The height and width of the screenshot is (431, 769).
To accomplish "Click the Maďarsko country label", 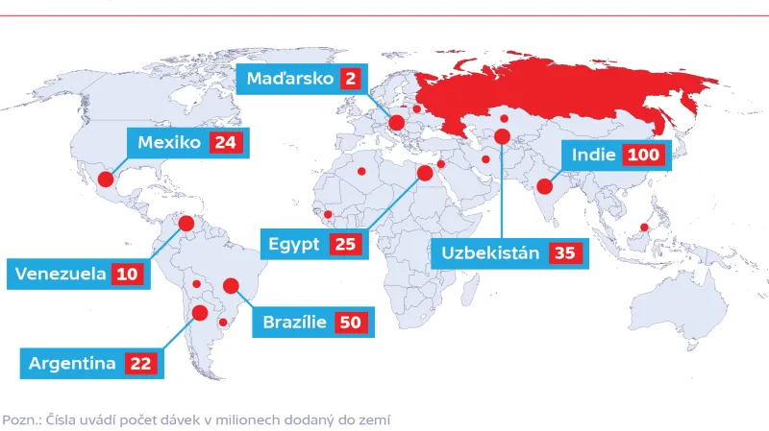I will point(288,79).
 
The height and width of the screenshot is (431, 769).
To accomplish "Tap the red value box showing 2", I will point(350,79).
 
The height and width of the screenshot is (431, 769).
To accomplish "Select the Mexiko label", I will point(168,143).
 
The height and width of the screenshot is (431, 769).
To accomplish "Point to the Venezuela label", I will point(59,274).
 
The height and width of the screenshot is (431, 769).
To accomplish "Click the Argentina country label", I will point(72,364).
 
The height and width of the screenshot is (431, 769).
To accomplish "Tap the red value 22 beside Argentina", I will point(141,364).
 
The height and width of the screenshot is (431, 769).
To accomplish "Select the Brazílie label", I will point(295,323).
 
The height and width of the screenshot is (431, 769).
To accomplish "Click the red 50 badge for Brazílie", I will point(351,323).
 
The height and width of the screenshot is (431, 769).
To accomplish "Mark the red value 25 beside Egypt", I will point(345,244).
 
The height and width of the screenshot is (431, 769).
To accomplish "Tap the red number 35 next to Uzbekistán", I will point(564,253).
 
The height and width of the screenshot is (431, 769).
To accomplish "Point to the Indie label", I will point(593,155).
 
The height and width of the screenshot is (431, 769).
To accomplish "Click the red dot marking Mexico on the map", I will point(106,179).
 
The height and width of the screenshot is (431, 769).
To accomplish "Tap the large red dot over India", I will point(545,187).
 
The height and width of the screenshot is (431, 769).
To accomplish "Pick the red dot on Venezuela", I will point(186,224).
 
